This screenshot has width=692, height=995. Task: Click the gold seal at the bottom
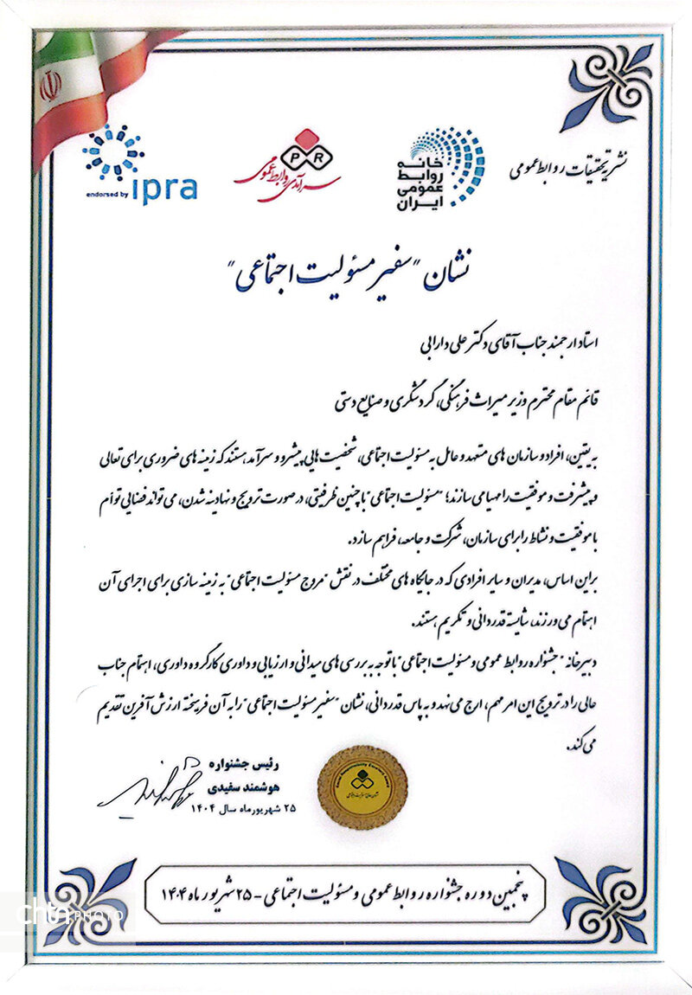coord(362,785)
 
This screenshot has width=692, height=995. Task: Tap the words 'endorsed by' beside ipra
coord(106,194)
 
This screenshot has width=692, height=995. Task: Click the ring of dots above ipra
coord(112,152)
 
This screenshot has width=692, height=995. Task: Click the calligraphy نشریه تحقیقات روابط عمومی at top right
coord(571,164)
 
